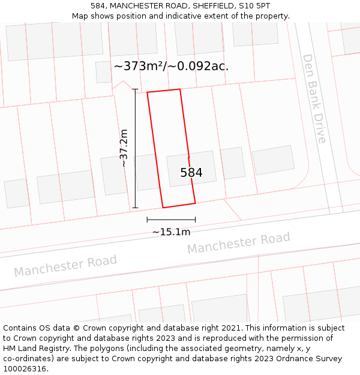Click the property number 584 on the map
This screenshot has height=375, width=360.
191,173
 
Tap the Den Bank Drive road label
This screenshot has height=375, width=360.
314,99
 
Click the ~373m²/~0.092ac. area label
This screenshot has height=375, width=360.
171,67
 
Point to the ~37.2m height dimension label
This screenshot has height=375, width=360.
124,148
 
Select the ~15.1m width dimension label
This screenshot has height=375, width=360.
171,232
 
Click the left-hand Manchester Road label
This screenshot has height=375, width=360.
65,265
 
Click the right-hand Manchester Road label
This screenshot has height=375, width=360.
238,242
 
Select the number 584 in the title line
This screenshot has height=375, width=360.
99,6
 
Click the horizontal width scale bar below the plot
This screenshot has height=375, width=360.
171,220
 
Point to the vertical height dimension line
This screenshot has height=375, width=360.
135,148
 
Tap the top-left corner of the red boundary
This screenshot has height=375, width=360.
148,92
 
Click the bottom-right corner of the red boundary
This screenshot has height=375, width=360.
195,203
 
